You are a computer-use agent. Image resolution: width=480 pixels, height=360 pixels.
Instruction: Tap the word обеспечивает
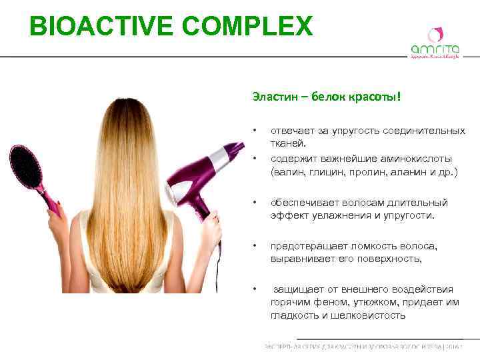[x=304, y=203]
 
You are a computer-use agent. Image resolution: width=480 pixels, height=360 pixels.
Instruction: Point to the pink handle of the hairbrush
[x=51, y=200]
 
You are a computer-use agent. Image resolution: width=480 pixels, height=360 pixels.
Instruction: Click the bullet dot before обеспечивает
[x=254, y=203]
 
